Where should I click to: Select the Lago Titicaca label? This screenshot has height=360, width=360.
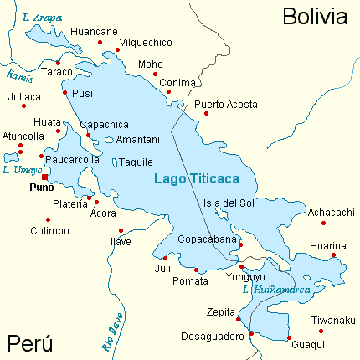click(197, 179)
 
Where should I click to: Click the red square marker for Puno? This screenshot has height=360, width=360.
click(45, 177)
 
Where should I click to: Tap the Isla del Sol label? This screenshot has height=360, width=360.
click(229, 203)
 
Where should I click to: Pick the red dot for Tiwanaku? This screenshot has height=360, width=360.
click(324, 331)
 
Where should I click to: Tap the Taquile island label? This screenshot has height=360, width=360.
click(136, 162)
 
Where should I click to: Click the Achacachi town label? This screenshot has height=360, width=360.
click(332, 212)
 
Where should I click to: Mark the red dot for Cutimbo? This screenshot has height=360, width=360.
click(48, 219)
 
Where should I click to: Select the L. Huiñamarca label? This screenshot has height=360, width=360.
click(275, 291)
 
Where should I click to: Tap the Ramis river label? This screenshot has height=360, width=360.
click(18, 76)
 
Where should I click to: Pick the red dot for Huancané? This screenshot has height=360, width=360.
click(100, 42)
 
